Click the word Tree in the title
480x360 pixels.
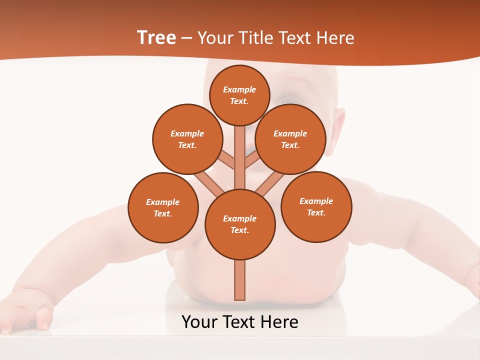(x=156, y=38)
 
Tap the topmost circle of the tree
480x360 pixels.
(x=239, y=95)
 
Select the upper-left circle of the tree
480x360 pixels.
(x=187, y=139)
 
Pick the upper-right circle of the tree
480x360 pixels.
(x=290, y=139)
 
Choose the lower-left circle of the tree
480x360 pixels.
(x=163, y=207)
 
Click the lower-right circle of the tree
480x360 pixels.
(x=316, y=206)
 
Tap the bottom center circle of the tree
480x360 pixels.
(x=240, y=224)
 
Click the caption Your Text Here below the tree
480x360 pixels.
(x=240, y=322)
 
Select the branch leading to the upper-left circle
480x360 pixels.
(x=226, y=160)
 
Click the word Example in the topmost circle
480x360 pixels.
(x=239, y=89)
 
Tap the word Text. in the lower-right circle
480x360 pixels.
(x=316, y=212)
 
